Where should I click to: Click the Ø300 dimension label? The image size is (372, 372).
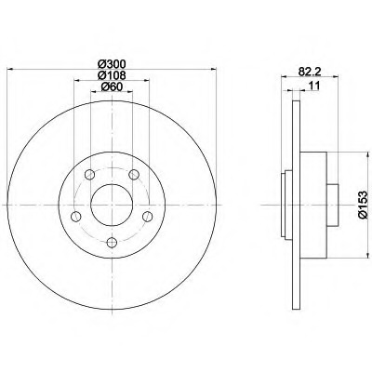pos(112,64)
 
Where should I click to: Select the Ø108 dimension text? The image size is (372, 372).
pos(112,75)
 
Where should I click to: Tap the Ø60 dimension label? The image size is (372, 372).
pos(112,87)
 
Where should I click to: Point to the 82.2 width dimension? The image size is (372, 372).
pos(309,72)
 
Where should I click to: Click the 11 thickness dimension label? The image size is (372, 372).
pos(314,86)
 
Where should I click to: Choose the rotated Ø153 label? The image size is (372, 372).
pos(363,205)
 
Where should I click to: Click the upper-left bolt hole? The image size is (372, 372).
pos(89,175)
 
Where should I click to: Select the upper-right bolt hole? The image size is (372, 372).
pos(134,175)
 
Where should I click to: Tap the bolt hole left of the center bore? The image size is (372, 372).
pos(76,217)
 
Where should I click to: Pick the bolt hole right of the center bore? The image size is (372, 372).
pos(148,217)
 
